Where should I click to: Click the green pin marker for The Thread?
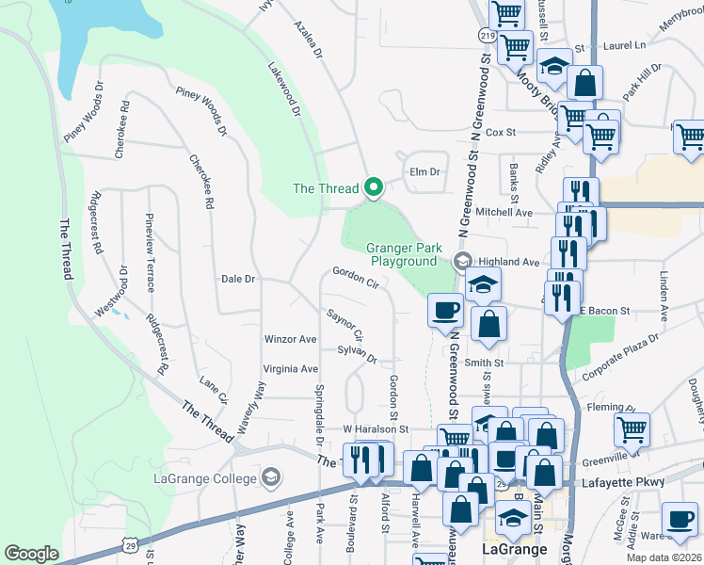374,188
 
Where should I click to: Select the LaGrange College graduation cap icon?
272,477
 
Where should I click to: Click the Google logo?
31,554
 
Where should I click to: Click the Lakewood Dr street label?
283,90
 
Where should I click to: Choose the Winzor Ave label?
291,339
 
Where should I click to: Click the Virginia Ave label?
291,368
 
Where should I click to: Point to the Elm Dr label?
425,171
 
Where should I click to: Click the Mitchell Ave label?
504,213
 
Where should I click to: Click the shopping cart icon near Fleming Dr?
632,430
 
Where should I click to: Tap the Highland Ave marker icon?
462,261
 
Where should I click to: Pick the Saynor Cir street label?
344,323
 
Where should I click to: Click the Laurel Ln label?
625,44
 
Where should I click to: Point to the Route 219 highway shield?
487,35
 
